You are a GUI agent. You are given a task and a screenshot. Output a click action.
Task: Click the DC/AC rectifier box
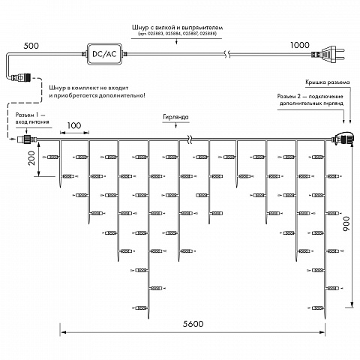[105, 54]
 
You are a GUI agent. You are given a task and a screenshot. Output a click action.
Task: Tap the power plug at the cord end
[328, 54]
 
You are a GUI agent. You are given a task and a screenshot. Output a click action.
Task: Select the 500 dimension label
[31, 46]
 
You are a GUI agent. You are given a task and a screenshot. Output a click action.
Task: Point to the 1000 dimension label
[300, 45]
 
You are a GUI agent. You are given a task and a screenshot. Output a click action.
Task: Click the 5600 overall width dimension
[193, 324]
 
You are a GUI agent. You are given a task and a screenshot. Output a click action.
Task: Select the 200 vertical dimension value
[31, 158]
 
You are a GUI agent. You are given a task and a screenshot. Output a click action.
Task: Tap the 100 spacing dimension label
[74, 125]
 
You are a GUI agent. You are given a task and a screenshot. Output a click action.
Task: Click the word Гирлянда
[175, 117]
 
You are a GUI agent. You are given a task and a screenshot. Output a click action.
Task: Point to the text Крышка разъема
[328, 82]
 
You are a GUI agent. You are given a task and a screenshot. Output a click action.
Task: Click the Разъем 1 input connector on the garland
[27, 139]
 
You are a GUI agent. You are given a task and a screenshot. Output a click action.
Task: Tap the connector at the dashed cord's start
[20, 77]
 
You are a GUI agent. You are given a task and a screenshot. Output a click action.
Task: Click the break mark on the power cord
[227, 54]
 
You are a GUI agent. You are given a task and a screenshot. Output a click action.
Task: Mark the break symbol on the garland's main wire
[190, 139]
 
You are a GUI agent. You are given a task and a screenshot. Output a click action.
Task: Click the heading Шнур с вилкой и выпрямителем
[177, 28]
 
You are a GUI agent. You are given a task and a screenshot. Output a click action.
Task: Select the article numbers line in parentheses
[177, 34]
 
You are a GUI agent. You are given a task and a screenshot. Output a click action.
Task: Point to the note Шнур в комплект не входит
[88, 88]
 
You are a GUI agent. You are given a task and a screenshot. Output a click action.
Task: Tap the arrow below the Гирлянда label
[176, 125]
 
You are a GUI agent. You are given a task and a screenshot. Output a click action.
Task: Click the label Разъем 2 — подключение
[310, 97]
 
